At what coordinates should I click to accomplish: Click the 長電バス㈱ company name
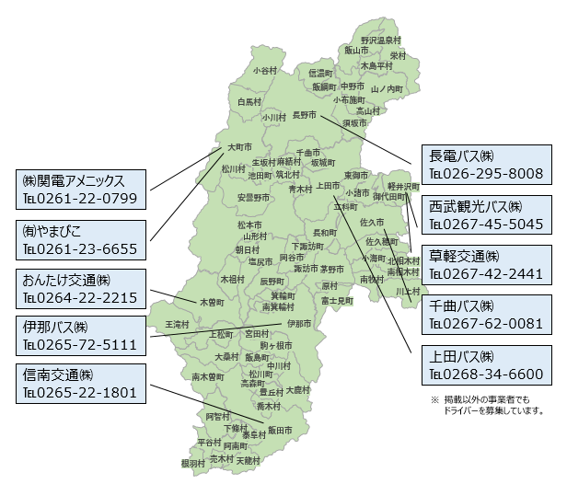[x=462, y=156]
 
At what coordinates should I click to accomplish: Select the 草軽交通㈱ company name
[x=462, y=255]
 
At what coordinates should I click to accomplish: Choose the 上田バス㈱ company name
[x=462, y=355]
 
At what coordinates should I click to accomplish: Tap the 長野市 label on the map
[x=304, y=115]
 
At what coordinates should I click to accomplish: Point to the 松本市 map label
[x=249, y=225]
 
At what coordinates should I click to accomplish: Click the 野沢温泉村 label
[x=380, y=40]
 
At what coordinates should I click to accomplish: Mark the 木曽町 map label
[x=213, y=301]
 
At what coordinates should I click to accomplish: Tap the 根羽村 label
[x=193, y=464]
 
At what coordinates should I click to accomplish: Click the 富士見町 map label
[x=338, y=300]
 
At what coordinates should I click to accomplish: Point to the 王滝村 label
[x=177, y=325]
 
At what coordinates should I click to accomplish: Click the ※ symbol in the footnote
[x=434, y=400]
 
